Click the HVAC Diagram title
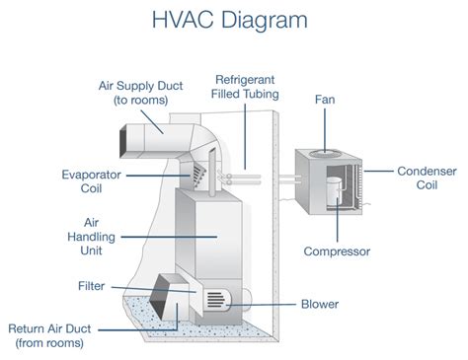tap(233, 21)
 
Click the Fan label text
tap(324, 99)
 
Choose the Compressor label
tap(337, 252)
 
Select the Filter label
tap(91, 285)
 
